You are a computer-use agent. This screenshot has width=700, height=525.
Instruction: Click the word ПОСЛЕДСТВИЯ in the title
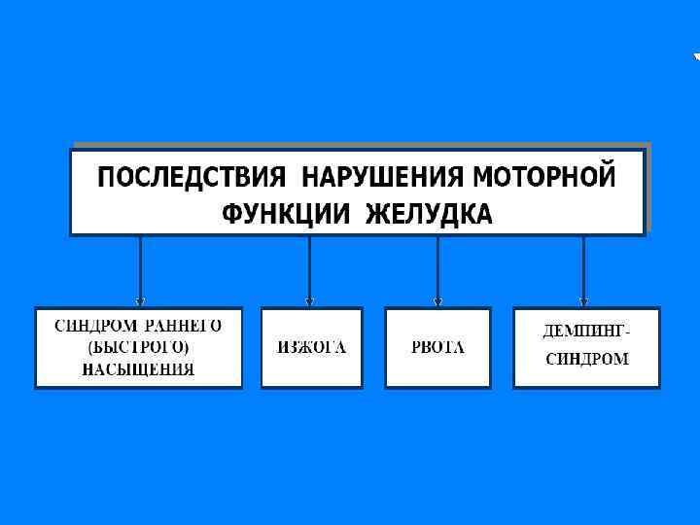pos(192,178)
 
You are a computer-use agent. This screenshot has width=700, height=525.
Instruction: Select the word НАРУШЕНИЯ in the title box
pos(383,178)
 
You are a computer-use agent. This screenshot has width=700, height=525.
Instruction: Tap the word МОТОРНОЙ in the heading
pos(543,178)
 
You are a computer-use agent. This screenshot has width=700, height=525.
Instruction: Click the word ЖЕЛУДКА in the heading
pos(429,213)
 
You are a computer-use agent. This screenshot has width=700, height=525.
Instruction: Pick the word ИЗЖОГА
pos(311,348)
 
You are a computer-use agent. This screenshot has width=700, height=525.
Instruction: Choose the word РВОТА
pos(437,348)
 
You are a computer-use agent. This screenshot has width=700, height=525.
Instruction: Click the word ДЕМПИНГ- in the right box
pos(585,332)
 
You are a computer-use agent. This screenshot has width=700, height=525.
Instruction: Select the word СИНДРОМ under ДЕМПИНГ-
pos(586,360)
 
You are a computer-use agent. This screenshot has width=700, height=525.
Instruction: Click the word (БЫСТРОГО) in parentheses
pos(138,347)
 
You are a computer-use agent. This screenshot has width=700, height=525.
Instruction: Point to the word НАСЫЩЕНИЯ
pos(138,369)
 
